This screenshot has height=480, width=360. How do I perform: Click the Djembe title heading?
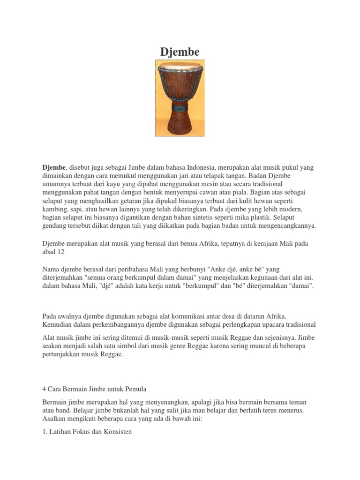point(180,52)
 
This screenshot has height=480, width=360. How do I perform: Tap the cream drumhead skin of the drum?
point(180,66)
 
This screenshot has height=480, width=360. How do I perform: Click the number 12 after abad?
point(61,252)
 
